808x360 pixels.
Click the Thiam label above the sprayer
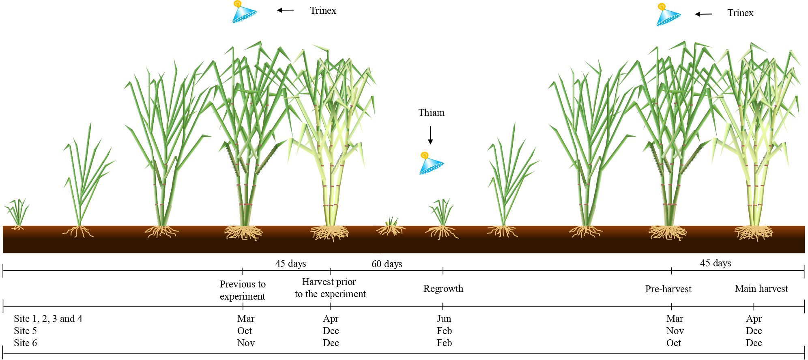click(431, 113)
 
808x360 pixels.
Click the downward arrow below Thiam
click(430, 135)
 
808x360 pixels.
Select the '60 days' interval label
click(387, 264)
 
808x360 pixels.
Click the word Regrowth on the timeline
click(443, 289)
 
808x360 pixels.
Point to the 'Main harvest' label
click(761, 289)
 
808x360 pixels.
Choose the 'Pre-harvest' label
click(668, 289)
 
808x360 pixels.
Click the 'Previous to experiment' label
click(243, 290)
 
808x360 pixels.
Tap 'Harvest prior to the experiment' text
click(330, 288)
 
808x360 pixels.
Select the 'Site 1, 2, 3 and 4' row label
click(48, 319)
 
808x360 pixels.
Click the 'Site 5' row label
click(25, 331)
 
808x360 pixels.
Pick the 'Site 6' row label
click(25, 343)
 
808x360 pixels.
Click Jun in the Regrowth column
click(444, 319)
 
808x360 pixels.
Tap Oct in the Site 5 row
click(245, 331)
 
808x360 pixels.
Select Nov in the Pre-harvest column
click(675, 331)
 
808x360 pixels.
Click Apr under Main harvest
click(754, 319)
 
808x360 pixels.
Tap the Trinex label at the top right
click(740, 13)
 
